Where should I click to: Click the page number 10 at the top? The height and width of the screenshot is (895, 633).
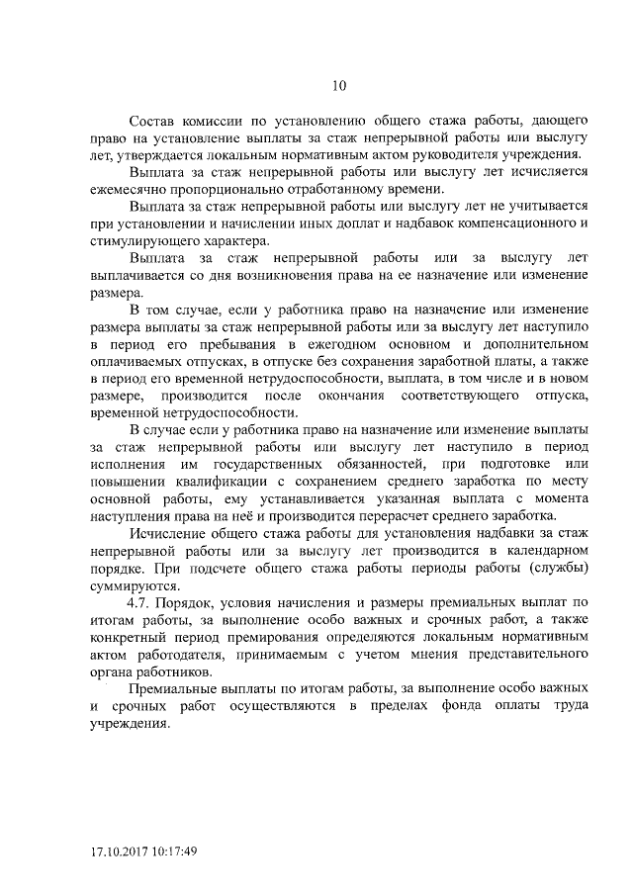pyautogui.click(x=339, y=85)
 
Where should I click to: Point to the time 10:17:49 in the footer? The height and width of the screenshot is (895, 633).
pyautogui.click(x=177, y=850)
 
